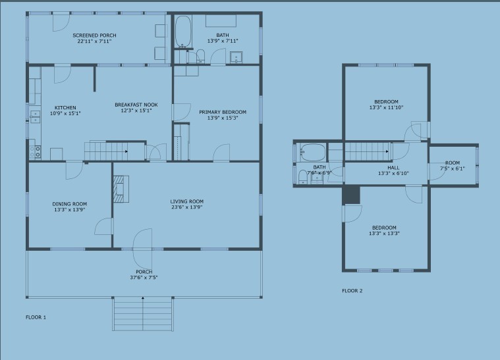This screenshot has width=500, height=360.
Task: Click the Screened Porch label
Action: tap(94, 36)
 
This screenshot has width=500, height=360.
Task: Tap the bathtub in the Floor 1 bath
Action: tap(183, 31)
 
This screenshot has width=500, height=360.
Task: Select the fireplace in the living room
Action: tap(121, 189)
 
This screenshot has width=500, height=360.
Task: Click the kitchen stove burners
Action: tap(35, 151)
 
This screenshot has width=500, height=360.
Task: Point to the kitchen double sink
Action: tap(35, 116)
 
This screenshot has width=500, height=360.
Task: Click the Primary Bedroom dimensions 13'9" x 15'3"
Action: tap(223, 118)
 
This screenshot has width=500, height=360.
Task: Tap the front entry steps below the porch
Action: tap(142, 314)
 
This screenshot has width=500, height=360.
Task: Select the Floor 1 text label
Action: tap(36, 317)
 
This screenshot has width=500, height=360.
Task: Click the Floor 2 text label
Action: tap(352, 290)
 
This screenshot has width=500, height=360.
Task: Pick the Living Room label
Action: tap(187, 201)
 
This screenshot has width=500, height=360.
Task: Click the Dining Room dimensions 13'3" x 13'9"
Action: tap(70, 210)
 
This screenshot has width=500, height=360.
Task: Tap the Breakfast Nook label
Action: tap(136, 105)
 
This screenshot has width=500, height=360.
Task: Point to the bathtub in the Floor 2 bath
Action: tap(313, 152)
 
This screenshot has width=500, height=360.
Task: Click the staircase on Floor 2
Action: tap(367, 151)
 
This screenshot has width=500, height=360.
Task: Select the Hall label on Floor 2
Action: tap(393, 168)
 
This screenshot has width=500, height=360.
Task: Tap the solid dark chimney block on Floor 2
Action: tap(351, 195)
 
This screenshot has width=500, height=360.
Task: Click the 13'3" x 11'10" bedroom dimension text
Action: tap(386, 108)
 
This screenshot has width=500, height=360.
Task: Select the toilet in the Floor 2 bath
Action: tap(303, 177)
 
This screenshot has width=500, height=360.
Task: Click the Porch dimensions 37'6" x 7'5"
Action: tap(144, 278)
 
